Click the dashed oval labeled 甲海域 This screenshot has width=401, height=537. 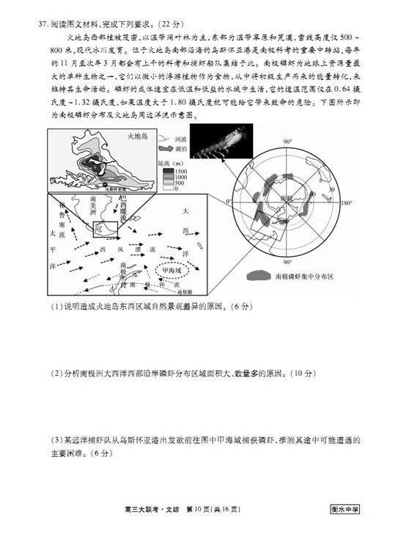tap(174, 270)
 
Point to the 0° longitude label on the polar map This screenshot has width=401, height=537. tap(228, 201)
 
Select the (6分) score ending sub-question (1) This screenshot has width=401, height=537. tap(222, 306)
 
